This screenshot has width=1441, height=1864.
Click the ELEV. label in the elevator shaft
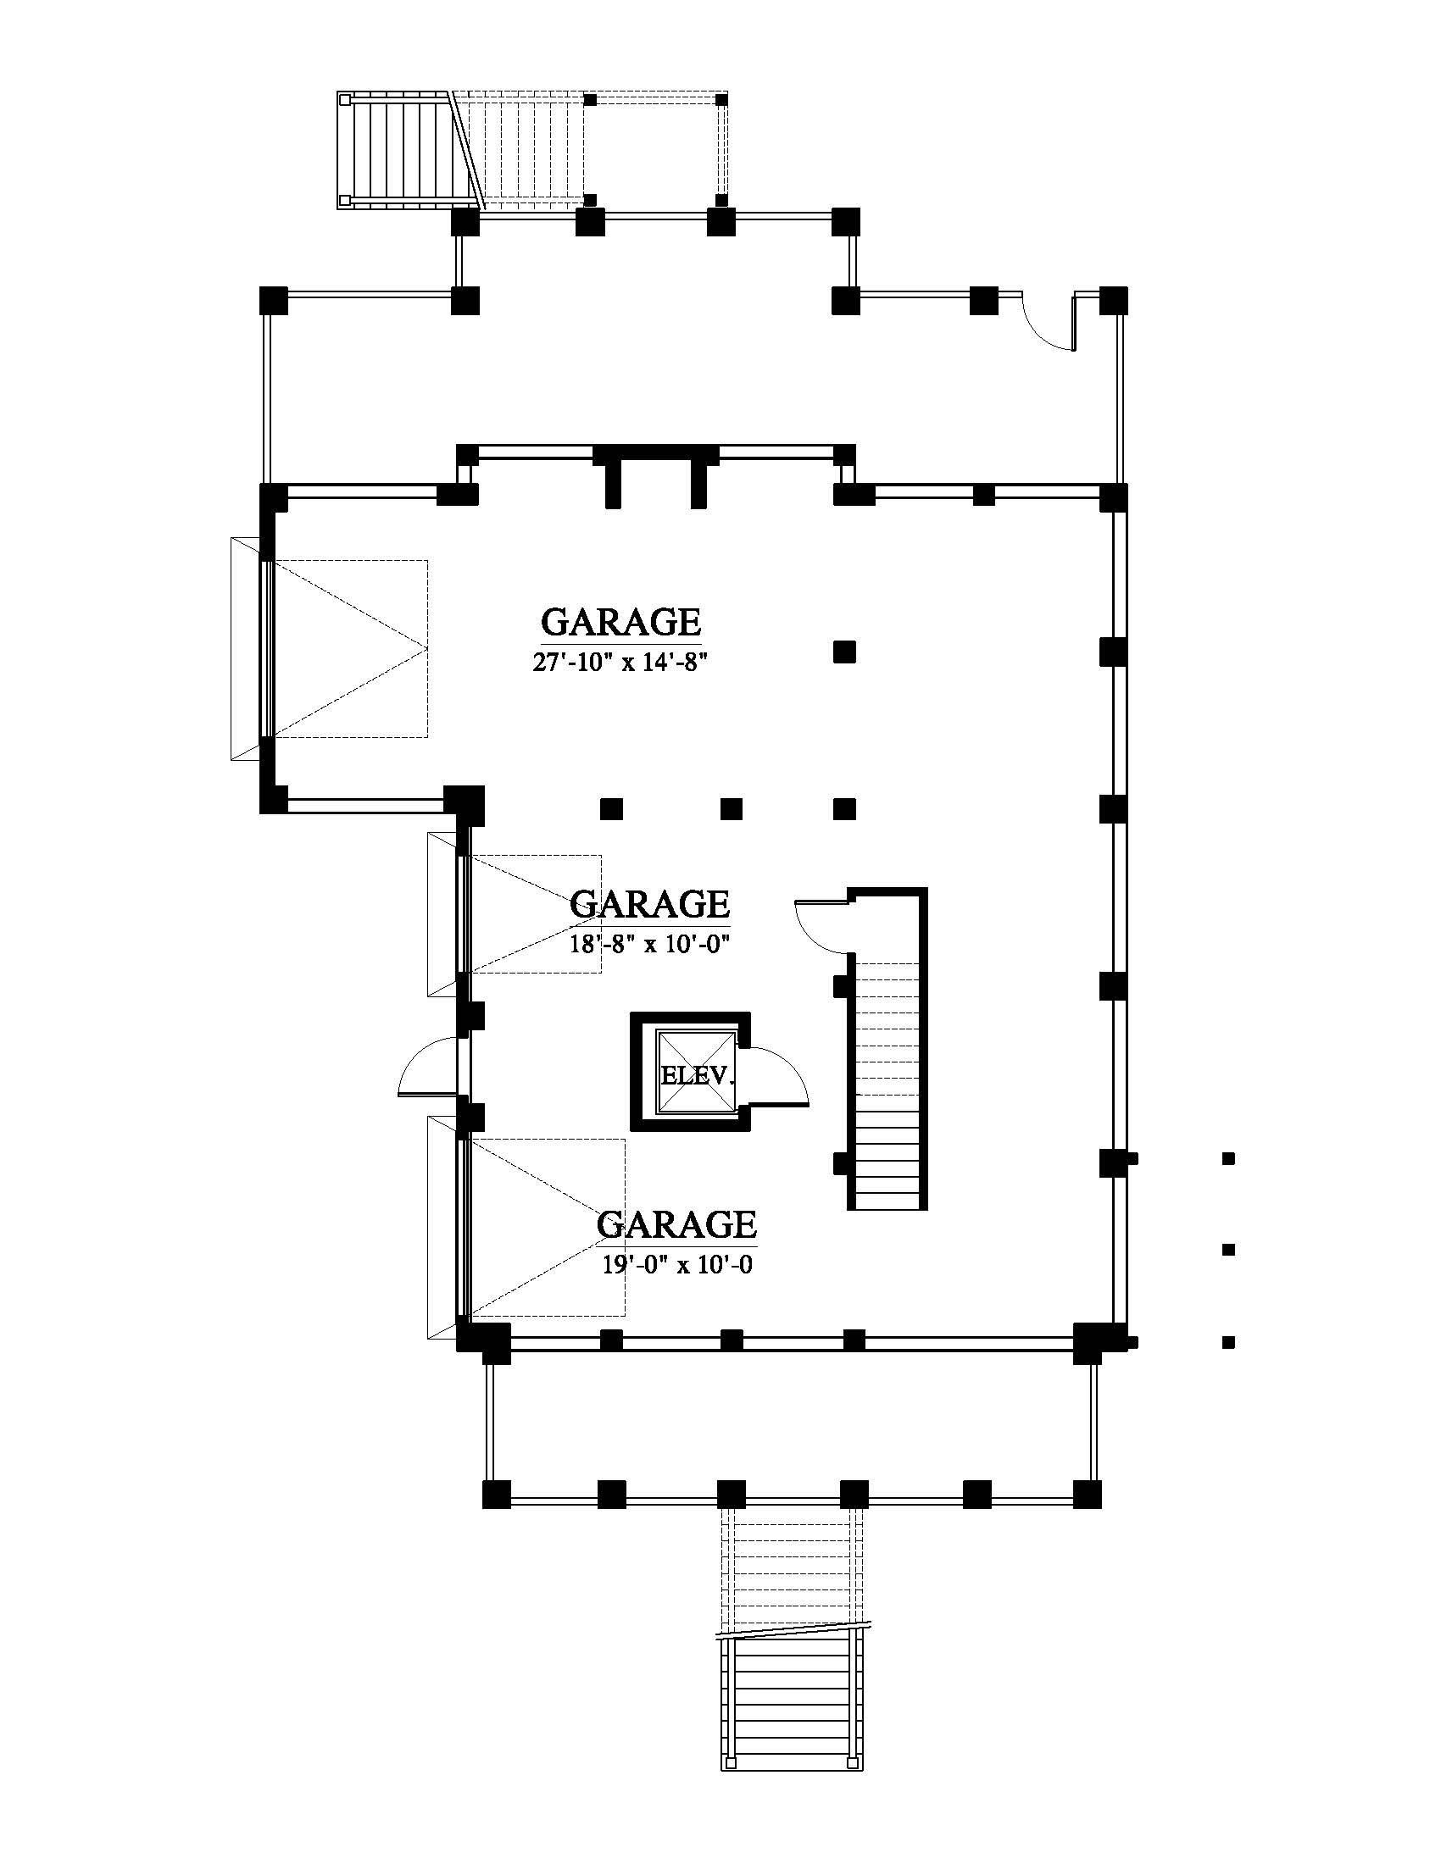pyautogui.click(x=698, y=1075)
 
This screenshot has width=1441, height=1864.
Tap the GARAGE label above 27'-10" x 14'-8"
pyautogui.click(x=621, y=622)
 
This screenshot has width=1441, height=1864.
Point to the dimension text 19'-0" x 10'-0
pyautogui.click(x=677, y=1265)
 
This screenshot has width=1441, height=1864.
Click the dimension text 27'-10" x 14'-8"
pyautogui.click(x=620, y=663)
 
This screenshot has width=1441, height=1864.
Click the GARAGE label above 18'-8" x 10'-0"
pyautogui.click(x=649, y=904)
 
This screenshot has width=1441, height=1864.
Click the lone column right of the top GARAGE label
pyautogui.click(x=844, y=652)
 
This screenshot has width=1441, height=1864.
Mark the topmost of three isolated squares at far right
pyautogui.click(x=1229, y=1159)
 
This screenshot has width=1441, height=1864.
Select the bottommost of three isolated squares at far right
pyautogui.click(x=1229, y=1343)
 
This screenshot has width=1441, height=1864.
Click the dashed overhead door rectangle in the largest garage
pyautogui.click(x=349, y=649)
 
